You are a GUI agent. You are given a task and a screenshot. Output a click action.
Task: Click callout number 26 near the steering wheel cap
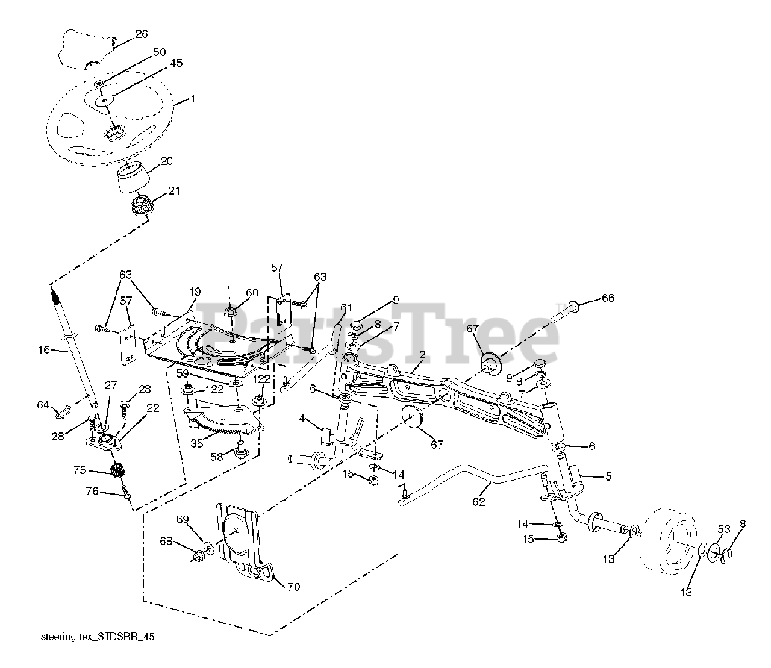click(x=141, y=34)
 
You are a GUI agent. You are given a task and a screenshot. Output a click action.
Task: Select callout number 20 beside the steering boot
click(x=166, y=161)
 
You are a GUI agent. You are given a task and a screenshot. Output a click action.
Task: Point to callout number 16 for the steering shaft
click(x=43, y=349)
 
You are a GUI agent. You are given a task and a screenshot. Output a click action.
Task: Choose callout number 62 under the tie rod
click(x=479, y=502)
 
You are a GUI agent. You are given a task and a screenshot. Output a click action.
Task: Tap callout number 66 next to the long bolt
click(x=608, y=298)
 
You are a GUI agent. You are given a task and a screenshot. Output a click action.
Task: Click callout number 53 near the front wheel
click(x=723, y=529)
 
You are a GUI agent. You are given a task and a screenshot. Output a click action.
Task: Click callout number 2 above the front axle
click(x=422, y=355)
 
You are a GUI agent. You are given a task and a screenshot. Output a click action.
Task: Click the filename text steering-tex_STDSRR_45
click(x=98, y=637)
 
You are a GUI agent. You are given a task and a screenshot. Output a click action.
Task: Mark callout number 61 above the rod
click(x=346, y=308)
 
